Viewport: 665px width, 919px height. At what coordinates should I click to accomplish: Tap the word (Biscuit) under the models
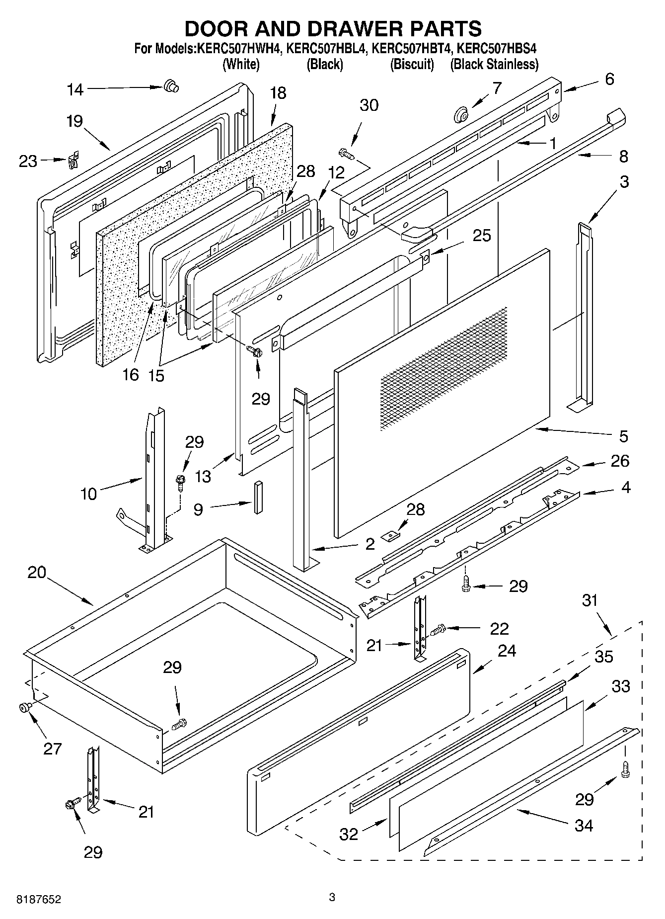[412, 64]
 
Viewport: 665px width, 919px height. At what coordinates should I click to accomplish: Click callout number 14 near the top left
[75, 89]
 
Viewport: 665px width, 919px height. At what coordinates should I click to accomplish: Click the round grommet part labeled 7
[460, 116]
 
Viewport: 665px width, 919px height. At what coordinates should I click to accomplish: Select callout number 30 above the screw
[369, 105]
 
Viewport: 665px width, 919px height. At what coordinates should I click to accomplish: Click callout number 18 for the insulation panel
[278, 93]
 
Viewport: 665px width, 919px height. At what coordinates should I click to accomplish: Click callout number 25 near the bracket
[481, 235]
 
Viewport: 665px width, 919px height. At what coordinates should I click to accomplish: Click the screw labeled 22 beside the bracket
[437, 630]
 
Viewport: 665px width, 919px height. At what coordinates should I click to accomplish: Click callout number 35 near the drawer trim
[603, 657]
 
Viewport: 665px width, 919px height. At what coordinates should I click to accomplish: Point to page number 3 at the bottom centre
[332, 897]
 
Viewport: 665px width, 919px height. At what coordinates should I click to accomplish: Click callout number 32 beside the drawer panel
[349, 834]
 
